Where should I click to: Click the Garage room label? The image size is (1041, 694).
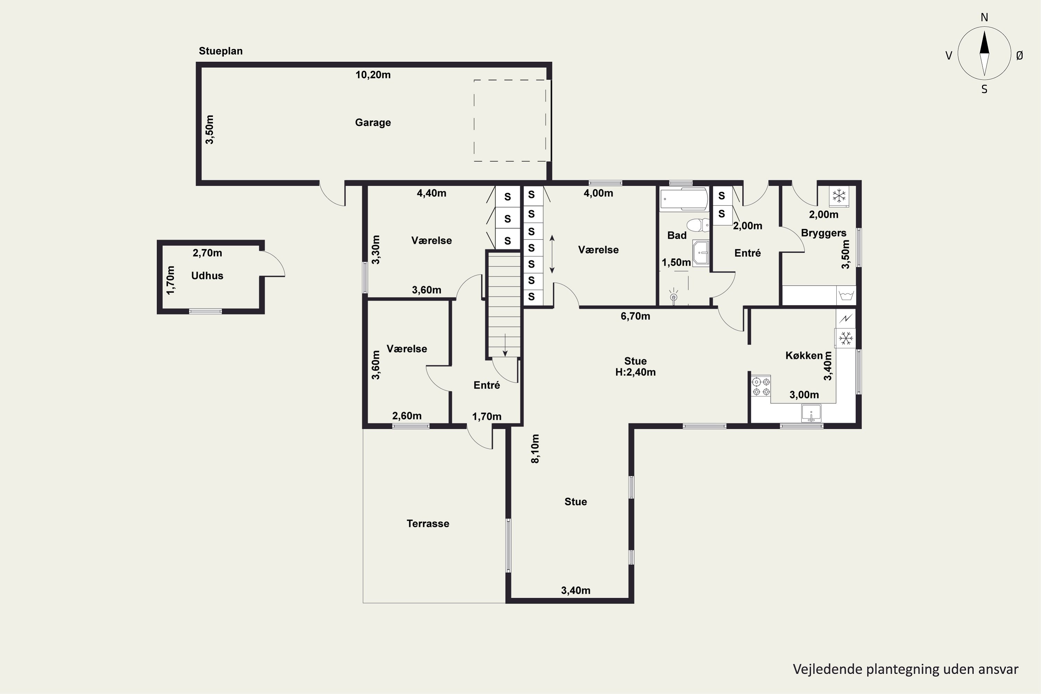pos(373,122)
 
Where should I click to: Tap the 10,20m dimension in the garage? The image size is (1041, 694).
pos(373,75)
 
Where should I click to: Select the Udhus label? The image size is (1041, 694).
pos(207,276)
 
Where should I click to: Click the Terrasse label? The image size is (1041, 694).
pos(428,524)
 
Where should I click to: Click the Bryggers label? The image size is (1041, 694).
pos(824,233)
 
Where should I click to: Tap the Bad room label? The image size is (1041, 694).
pos(677,236)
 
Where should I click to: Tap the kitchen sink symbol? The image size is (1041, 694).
pos(811,413)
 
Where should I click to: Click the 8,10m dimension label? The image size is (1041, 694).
pos(535,449)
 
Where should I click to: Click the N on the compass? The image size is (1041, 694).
pos(984,17)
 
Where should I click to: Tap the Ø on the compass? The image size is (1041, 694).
pos(1020,55)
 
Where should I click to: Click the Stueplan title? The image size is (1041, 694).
pos(220,51)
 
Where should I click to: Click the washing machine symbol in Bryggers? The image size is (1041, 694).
pos(846,296)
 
